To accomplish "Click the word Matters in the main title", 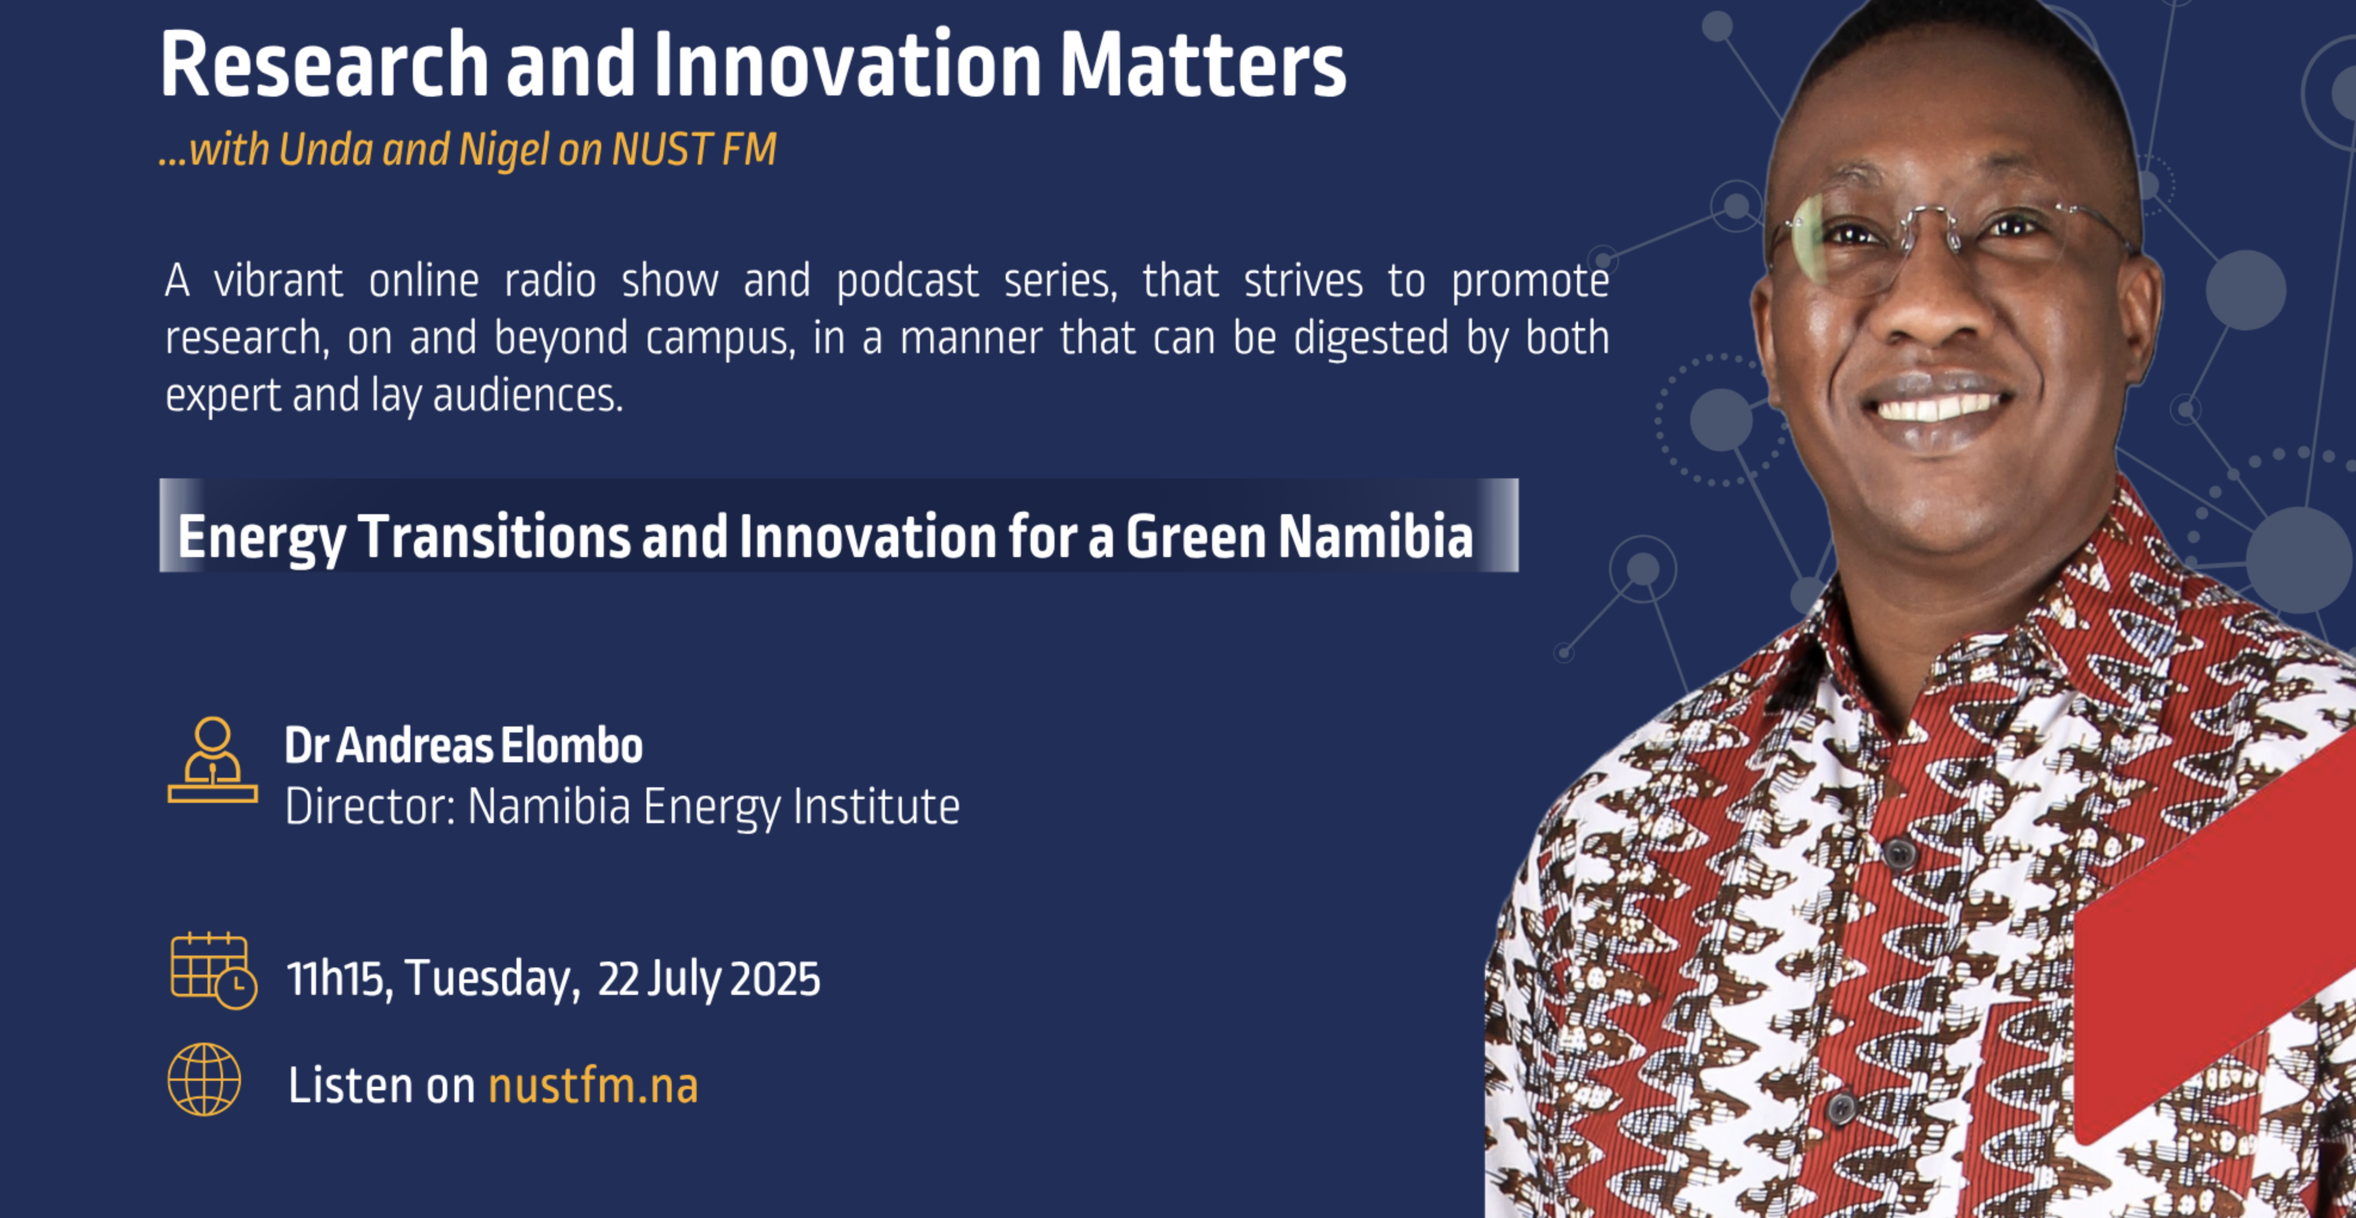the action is tap(1202, 65).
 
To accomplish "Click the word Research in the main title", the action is tap(324, 65).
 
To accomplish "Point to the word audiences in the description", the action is tap(528, 396).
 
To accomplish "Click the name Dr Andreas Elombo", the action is tap(463, 745).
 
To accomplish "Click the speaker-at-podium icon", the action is tap(212, 761).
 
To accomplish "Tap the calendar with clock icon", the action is tap(213, 971).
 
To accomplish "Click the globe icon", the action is tap(204, 1080).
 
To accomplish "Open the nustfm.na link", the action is tap(593, 1086).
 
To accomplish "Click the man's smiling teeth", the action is tap(1939, 404).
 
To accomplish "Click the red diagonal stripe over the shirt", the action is tap(2213, 933).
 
